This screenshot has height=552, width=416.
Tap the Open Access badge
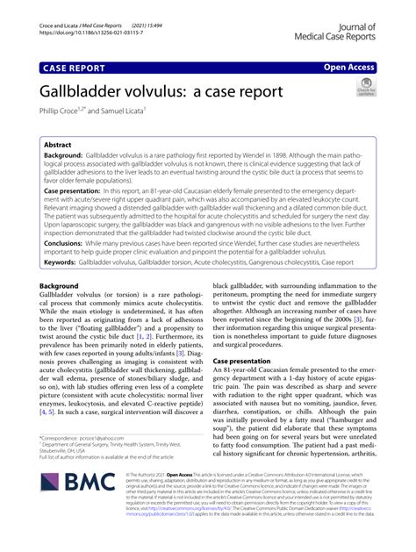348,66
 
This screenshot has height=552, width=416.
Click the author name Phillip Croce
68,111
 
